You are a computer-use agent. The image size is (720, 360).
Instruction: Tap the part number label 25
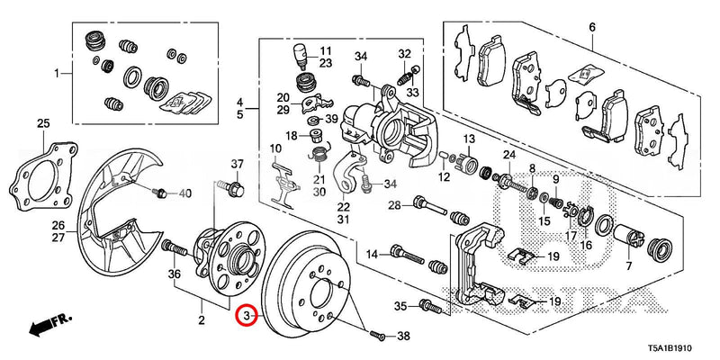(42, 123)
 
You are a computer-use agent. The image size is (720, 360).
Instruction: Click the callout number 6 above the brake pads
(592, 28)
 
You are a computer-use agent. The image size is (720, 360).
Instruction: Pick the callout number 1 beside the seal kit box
(56, 72)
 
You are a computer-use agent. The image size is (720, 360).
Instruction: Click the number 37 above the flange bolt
(238, 164)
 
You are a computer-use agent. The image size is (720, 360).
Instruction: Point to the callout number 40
(184, 193)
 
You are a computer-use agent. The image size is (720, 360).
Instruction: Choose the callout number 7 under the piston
(628, 267)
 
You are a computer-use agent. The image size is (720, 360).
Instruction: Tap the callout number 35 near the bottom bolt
(401, 305)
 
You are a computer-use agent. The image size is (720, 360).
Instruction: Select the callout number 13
(468, 139)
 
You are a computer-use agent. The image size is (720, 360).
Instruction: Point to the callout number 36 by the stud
(175, 274)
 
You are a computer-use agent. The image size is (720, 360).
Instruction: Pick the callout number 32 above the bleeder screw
(404, 53)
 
